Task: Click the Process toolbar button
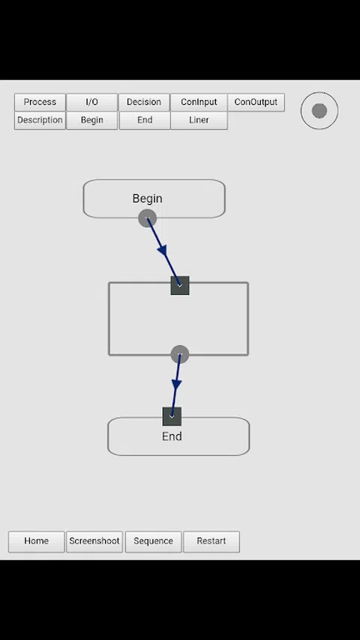pyautogui.click(x=40, y=102)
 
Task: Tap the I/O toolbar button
pyautogui.click(x=91, y=102)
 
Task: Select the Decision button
pyautogui.click(x=144, y=102)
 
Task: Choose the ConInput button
pyautogui.click(x=199, y=102)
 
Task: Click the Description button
pyautogui.click(x=40, y=120)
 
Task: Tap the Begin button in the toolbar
pyautogui.click(x=91, y=120)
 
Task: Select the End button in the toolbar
pyautogui.click(x=145, y=120)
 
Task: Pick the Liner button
pyautogui.click(x=199, y=120)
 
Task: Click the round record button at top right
pyautogui.click(x=319, y=110)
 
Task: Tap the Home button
pyautogui.click(x=36, y=541)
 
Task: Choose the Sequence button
pyautogui.click(x=153, y=541)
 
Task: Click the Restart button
pyautogui.click(x=211, y=541)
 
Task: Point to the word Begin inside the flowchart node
pyautogui.click(x=147, y=198)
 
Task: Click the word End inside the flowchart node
pyautogui.click(x=172, y=437)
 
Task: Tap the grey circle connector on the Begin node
pyautogui.click(x=147, y=218)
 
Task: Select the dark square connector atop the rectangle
pyautogui.click(x=180, y=285)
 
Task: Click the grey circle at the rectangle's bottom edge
pyautogui.click(x=179, y=354)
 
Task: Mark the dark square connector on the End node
pyautogui.click(x=172, y=416)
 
